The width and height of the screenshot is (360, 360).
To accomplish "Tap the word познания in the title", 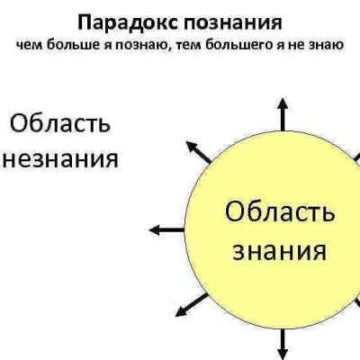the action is (233, 23).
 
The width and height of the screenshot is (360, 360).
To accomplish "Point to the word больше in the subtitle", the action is (70, 45).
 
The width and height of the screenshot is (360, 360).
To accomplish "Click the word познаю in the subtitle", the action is (140, 46).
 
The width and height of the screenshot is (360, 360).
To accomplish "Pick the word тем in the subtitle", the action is (188, 46).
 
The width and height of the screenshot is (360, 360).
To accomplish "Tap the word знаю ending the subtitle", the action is (328, 46).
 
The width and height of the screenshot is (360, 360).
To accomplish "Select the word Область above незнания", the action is (60, 123).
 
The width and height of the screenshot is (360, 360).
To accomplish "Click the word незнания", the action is (61, 159).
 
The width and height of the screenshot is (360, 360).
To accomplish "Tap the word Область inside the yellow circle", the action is (280, 211).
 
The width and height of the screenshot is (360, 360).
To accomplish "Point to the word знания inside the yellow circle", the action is (280, 251).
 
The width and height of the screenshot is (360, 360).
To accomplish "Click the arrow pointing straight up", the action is (283, 114).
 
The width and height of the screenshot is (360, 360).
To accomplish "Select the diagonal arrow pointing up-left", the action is (199, 152).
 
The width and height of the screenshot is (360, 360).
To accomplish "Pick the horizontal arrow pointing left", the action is (166, 230).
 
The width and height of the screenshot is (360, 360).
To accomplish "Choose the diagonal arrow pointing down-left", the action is (192, 305).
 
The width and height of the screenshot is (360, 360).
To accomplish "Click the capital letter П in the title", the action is (85, 23).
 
